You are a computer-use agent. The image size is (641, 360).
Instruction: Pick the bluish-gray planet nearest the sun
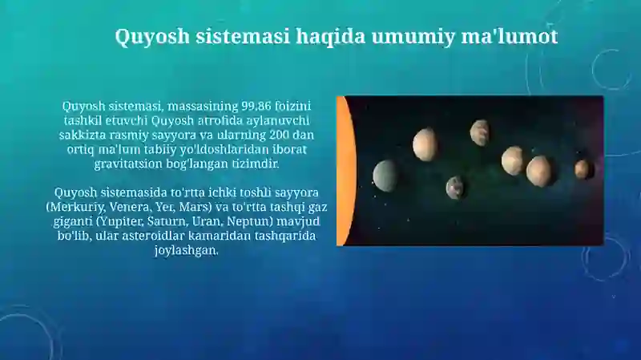pos(386,176)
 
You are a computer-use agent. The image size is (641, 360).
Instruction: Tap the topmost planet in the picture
pos(481,132)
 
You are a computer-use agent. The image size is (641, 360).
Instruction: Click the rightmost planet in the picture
pos(583,169)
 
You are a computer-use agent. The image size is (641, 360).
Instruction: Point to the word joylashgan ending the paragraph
pos(186,250)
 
